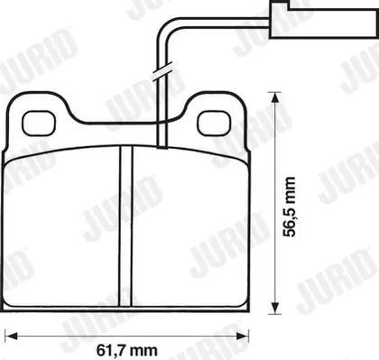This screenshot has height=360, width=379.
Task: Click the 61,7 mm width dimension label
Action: pos(127,350)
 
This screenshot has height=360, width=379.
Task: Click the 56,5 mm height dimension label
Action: pos(290,207)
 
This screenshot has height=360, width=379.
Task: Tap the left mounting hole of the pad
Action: pos(39,123)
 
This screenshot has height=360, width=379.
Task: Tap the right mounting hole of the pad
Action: pos(215,123)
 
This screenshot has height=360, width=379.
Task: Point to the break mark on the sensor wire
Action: pos(162,71)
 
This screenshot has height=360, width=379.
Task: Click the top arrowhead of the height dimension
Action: pos(273,97)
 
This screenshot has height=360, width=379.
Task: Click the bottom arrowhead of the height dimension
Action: pos(273,308)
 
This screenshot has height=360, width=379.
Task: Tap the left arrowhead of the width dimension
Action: pos(12,336)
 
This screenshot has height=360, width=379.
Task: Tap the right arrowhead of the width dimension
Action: pos(243,336)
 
